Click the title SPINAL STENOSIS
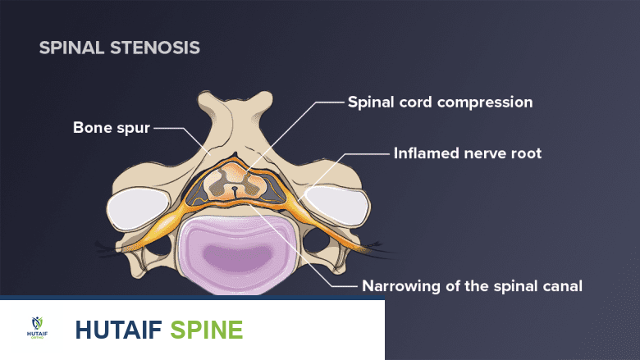pos(119,48)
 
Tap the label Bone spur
pos(110,127)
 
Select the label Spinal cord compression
pos(440,103)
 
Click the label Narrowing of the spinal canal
pos(472,286)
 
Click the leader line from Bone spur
pos(168,129)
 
